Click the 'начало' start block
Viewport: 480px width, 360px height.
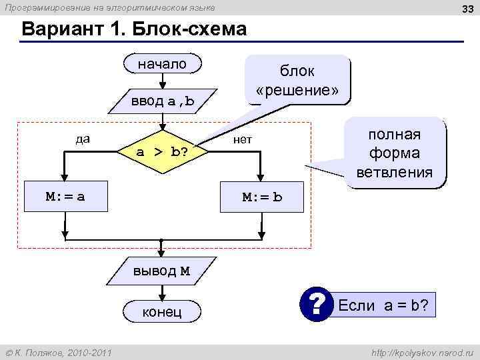point(162,65)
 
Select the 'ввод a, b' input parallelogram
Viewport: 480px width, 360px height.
point(162,101)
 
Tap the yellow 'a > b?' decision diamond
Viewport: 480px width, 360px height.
point(162,152)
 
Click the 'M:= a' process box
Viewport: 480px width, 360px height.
point(65,197)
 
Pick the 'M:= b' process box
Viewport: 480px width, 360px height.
point(262,197)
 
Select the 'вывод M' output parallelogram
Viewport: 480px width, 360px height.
point(162,271)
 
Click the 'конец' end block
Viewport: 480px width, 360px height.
point(162,312)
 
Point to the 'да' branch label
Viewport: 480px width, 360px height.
point(83,139)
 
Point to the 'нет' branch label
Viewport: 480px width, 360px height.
point(242,140)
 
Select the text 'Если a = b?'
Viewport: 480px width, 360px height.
point(383,307)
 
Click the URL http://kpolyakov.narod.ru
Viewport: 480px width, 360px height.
point(423,352)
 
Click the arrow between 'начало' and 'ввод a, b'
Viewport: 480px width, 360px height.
point(162,81)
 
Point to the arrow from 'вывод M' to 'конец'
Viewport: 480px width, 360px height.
point(162,291)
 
